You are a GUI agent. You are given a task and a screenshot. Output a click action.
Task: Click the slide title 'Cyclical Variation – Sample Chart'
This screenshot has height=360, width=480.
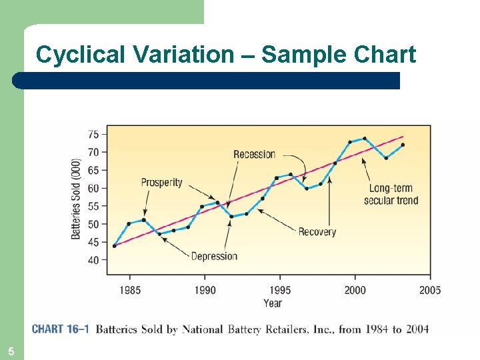(226, 54)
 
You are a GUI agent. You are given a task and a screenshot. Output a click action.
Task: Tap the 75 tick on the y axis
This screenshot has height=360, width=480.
(93, 134)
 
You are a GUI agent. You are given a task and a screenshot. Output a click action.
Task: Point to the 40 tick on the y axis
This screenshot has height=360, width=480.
(93, 260)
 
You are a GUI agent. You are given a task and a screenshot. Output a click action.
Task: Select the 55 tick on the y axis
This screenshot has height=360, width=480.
(93, 206)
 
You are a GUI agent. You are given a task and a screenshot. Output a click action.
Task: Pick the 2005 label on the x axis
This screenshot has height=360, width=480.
(430, 290)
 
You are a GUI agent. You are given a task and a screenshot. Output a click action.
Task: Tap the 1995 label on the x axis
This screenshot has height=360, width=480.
(280, 290)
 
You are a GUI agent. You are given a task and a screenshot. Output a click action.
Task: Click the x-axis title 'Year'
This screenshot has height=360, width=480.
(272, 303)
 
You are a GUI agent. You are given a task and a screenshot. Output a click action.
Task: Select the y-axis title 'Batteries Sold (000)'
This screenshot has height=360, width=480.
(76, 199)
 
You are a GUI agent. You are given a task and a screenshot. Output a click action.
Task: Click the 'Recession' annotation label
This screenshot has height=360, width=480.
(254, 155)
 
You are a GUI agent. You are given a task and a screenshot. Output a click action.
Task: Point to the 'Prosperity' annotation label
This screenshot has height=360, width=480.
(161, 183)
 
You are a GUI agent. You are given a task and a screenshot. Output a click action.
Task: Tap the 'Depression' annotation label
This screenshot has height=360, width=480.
(214, 256)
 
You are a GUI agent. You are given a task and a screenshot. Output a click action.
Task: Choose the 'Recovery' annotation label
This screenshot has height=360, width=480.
(317, 232)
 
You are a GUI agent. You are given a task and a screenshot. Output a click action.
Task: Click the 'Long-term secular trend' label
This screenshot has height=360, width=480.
(391, 194)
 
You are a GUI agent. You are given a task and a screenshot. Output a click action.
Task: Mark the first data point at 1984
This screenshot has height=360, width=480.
(115, 245)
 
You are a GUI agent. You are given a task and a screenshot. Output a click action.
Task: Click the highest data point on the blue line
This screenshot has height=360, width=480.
(364, 139)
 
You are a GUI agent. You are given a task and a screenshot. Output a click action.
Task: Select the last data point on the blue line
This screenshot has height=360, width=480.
(403, 145)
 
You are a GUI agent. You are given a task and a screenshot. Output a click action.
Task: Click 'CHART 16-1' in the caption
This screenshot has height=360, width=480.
(60, 329)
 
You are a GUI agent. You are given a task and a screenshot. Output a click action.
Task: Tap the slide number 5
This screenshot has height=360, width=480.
(11, 351)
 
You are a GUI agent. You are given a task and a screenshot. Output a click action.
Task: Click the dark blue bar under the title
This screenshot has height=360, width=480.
(207, 81)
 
